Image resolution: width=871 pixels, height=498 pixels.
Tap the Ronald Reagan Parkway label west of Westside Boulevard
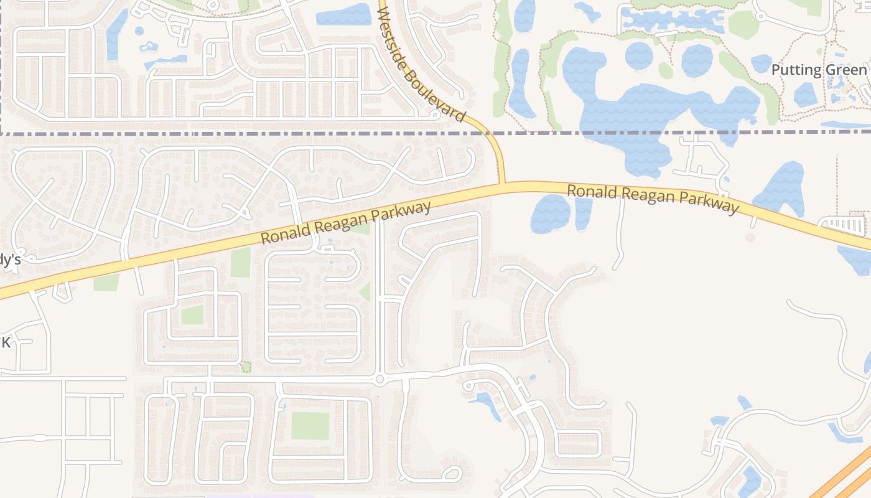click(x=345, y=223)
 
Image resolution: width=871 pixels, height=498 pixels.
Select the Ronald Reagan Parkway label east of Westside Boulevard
click(x=653, y=199)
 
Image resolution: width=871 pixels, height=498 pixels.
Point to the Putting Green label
click(x=819, y=70)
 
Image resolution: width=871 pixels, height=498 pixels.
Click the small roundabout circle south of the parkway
click(x=380, y=379)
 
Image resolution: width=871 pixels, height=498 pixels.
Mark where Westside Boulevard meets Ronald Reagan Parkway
click(x=503, y=184)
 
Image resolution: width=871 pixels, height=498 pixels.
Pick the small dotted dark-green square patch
click(x=246, y=367)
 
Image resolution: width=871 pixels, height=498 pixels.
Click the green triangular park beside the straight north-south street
click(x=365, y=292)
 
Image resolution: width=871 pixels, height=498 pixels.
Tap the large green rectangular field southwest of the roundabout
click(x=310, y=426)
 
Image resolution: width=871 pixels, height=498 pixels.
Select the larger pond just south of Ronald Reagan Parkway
click(x=551, y=214)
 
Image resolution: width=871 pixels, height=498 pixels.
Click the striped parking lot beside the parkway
click(x=845, y=225)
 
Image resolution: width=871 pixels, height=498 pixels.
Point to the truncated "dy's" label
click(x=11, y=260)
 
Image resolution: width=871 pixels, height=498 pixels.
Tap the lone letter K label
click(x=6, y=342)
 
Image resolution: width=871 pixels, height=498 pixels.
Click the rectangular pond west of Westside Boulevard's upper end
click(x=343, y=15)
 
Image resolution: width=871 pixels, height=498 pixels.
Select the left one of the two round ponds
click(x=639, y=56)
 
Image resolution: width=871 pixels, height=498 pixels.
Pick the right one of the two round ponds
click(x=697, y=61)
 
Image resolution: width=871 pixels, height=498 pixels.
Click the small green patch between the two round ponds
click(x=666, y=70)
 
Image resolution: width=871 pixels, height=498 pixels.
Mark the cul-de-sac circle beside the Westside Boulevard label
click(x=435, y=115)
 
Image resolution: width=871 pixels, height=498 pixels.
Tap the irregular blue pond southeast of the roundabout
click(x=486, y=403)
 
